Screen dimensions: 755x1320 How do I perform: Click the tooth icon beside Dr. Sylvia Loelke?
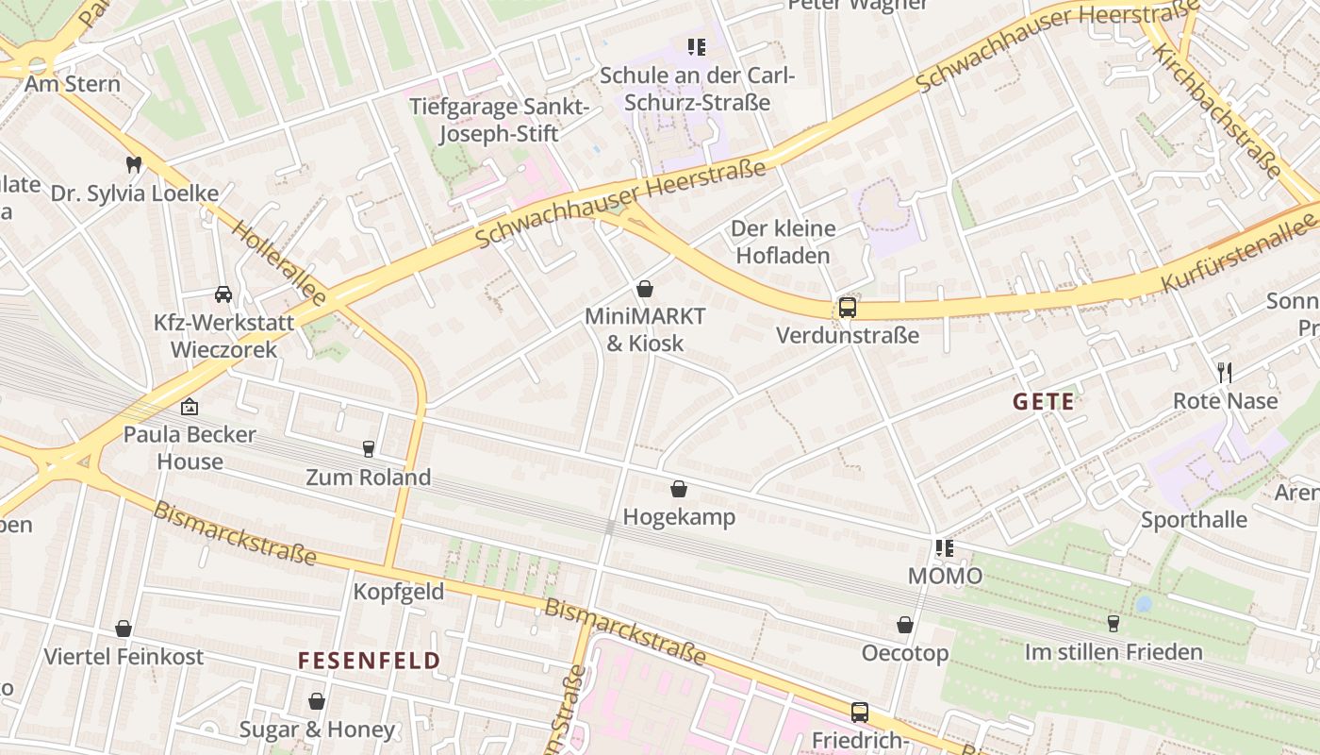tap(133, 164)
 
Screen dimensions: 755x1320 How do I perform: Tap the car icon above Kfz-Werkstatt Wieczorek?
tap(223, 294)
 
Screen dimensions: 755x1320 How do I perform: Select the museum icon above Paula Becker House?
tap(190, 407)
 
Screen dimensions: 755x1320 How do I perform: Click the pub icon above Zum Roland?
tap(369, 448)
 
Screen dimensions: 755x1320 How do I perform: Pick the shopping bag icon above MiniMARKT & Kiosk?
tap(645, 288)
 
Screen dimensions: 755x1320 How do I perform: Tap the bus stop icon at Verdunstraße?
tap(848, 308)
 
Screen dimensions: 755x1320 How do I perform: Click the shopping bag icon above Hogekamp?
tap(679, 489)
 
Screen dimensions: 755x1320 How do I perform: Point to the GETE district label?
tap(1044, 402)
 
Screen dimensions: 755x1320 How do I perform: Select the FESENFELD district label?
tap(370, 661)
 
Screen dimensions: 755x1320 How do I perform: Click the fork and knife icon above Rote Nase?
tap(1225, 372)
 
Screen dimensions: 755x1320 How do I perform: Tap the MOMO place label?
tap(945, 576)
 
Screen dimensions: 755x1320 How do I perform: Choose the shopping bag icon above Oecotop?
tap(905, 625)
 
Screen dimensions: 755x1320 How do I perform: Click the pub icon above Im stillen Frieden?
tap(1114, 624)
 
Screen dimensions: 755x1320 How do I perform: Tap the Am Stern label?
tap(73, 84)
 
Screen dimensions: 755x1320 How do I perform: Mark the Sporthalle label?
tap(1194, 520)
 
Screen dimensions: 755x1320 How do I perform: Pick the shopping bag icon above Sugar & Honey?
tap(317, 701)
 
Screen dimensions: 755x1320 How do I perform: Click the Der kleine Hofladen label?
tap(783, 242)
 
